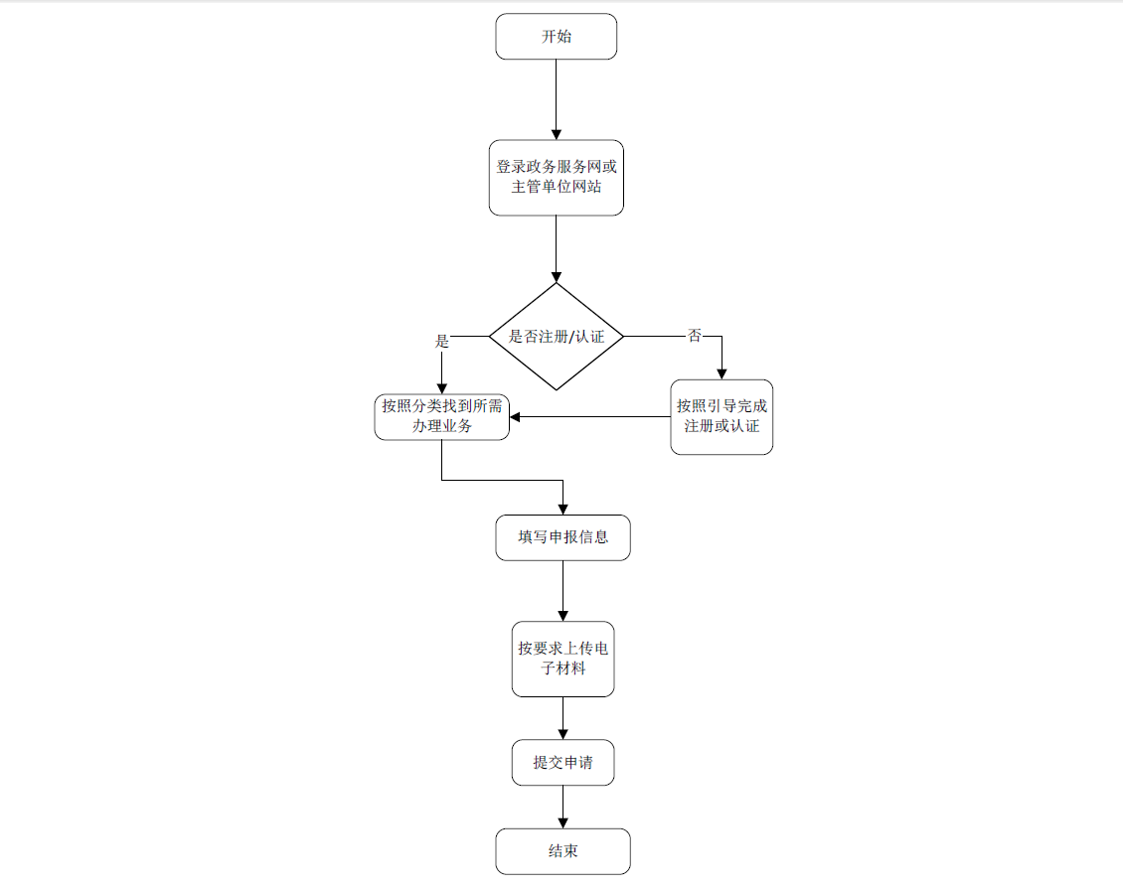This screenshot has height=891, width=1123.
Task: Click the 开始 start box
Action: (556, 37)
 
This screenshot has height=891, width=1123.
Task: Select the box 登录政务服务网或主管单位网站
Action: (556, 177)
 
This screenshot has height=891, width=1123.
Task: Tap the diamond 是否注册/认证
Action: (556, 337)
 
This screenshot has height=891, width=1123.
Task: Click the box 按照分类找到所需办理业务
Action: (441, 416)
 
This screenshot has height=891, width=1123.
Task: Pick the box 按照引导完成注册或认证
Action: (722, 416)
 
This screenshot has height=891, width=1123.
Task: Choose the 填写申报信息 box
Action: (562, 537)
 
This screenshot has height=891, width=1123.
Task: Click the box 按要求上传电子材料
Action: (562, 659)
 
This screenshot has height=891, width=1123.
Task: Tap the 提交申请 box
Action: (562, 763)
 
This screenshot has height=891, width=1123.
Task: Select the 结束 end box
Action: (562, 851)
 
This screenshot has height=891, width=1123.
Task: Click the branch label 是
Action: (442, 341)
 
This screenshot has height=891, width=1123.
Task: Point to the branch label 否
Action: (695, 336)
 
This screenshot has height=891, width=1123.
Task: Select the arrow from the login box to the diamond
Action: (556, 248)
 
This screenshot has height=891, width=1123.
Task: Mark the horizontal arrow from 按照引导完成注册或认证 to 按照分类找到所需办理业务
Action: (591, 416)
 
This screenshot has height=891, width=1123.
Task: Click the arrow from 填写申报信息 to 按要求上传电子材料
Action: (562, 590)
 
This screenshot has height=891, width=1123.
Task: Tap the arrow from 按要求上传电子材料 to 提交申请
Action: (562, 717)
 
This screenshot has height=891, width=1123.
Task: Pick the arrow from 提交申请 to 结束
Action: (562, 807)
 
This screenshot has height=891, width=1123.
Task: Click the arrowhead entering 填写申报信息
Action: (562, 509)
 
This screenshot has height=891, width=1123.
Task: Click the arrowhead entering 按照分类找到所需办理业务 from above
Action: (441, 387)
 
